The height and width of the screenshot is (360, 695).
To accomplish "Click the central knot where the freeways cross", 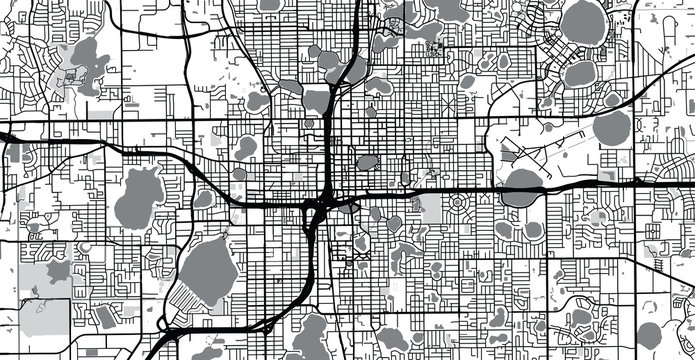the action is (x=318, y=210).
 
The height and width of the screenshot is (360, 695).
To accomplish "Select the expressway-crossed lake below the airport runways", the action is (x=520, y=186).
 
